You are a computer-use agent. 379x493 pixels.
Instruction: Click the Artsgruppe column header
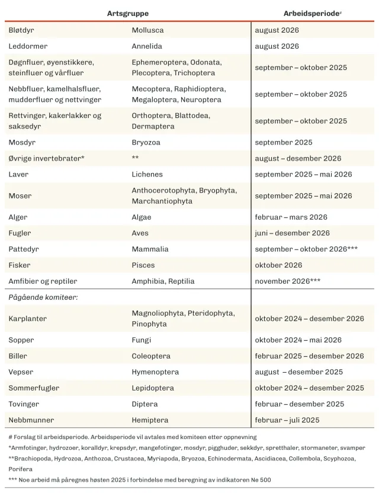click(128, 13)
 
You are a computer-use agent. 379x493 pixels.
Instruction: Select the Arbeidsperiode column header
click(310, 13)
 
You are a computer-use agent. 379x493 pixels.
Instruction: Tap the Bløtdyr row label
click(21, 30)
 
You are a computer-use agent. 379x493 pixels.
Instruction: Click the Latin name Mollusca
click(147, 30)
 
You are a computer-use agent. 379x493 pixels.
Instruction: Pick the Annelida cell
click(147, 46)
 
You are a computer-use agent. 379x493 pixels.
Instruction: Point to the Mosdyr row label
click(21, 142)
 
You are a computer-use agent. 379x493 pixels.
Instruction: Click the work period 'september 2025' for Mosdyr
click(284, 142)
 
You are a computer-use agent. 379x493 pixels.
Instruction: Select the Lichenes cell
click(147, 174)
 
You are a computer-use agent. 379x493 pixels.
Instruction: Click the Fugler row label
click(20, 233)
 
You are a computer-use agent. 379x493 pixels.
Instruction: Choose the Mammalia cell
click(150, 249)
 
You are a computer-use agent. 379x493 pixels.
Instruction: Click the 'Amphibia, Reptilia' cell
click(163, 281)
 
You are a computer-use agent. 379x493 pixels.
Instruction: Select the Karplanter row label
click(28, 319)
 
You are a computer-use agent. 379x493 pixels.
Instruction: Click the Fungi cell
click(142, 340)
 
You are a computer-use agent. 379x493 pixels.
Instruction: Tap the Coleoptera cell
click(151, 356)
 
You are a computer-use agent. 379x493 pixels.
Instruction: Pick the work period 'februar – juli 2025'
click(287, 420)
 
